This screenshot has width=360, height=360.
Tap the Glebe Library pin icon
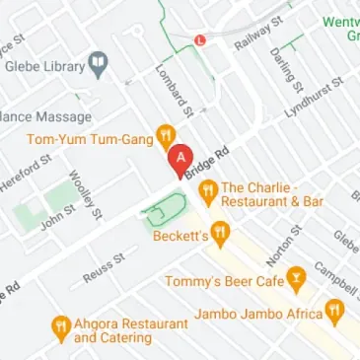click(x=97, y=66)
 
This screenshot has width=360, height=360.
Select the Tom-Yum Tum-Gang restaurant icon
click(x=168, y=137)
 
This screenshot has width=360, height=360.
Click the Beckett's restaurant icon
click(x=221, y=235)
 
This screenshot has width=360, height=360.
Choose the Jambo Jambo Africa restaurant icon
click(x=335, y=314)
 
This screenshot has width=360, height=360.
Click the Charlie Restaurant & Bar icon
click(x=207, y=188)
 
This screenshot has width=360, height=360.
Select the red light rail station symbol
click(x=200, y=40)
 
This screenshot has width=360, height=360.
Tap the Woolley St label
click(x=85, y=195)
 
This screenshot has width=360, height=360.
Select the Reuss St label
click(x=105, y=267)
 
